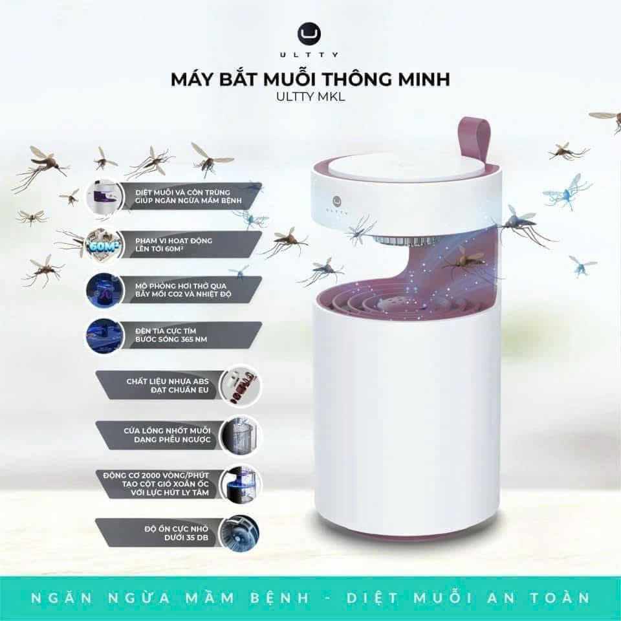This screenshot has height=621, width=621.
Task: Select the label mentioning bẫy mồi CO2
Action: tap(169, 290)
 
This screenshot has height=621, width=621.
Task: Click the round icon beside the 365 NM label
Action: tap(105, 336)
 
